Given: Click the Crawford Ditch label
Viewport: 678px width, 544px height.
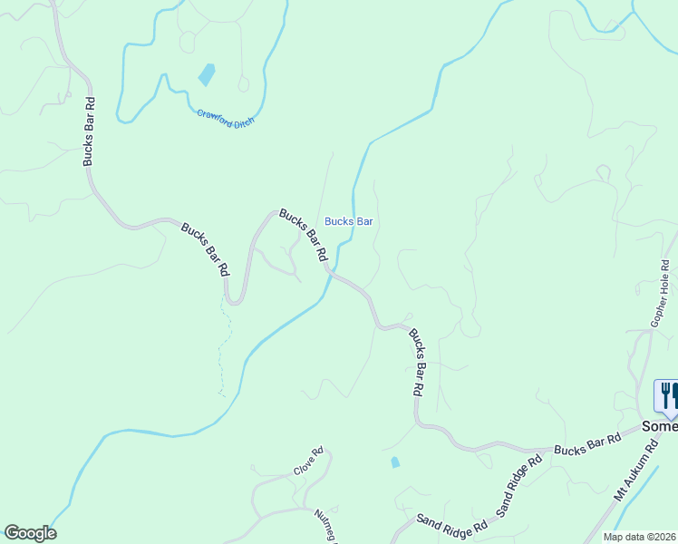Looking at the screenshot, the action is point(226,118).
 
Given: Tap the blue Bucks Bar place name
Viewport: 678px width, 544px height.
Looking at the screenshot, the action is point(350,221).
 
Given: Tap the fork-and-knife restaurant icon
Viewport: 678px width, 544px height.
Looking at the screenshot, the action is point(667,395).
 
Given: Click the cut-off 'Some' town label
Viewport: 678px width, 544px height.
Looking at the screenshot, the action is point(659,426).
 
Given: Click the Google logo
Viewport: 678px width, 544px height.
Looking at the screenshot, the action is point(30,533).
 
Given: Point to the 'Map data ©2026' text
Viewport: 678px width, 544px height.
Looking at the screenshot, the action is point(640,537).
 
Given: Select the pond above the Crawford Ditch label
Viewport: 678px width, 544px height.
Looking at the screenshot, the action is point(208,74).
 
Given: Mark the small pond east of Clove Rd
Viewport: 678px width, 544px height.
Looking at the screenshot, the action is point(394,462).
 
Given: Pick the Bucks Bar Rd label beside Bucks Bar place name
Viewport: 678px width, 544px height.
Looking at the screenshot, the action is point(303,236).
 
